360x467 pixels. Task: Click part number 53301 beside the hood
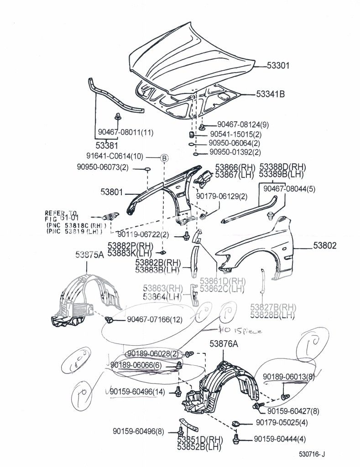coord(278,66)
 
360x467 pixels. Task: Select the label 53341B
coord(271,95)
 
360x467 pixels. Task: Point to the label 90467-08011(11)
coord(125,133)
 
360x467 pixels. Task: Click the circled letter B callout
coord(164,159)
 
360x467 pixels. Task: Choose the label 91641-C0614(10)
coord(115,156)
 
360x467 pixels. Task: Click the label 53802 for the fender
coord(325,245)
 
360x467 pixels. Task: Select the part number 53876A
coord(224,344)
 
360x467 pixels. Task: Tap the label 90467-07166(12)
coord(155,320)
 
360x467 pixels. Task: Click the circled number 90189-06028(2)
coord(153,354)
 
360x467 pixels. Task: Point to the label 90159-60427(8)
coord(293,411)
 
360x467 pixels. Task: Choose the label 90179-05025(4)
coord(282,423)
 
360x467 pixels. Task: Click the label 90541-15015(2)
coord(236,135)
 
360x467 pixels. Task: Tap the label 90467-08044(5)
coord(289,188)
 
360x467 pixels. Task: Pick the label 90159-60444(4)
coord(280,439)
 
